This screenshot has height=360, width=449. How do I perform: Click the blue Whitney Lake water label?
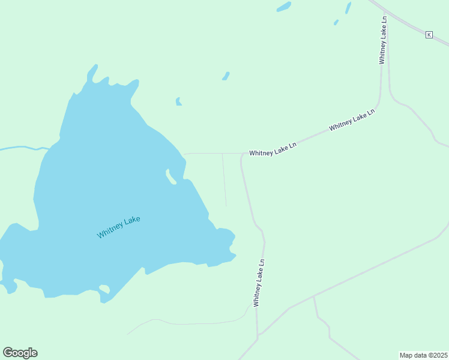(x=119, y=227)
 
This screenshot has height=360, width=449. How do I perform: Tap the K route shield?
(x=429, y=35)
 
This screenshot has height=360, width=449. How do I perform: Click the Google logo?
(x=20, y=353)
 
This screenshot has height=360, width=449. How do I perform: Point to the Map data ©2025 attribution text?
(x=424, y=355)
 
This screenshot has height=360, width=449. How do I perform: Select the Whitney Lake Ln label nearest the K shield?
(x=383, y=40)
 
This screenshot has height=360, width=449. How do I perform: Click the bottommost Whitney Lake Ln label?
(x=259, y=283)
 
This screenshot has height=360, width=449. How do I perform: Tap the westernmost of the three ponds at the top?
(x=283, y=7)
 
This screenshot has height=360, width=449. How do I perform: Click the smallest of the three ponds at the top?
(x=336, y=22)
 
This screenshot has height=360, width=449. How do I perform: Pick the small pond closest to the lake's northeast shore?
(x=178, y=101)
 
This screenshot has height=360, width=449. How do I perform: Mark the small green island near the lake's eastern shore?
(x=170, y=177)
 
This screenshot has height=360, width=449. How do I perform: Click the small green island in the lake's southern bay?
(x=104, y=290)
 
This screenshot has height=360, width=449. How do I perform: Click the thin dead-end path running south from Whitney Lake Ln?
(x=224, y=180)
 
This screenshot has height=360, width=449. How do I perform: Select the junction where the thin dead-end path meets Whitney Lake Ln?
(x=223, y=154)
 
